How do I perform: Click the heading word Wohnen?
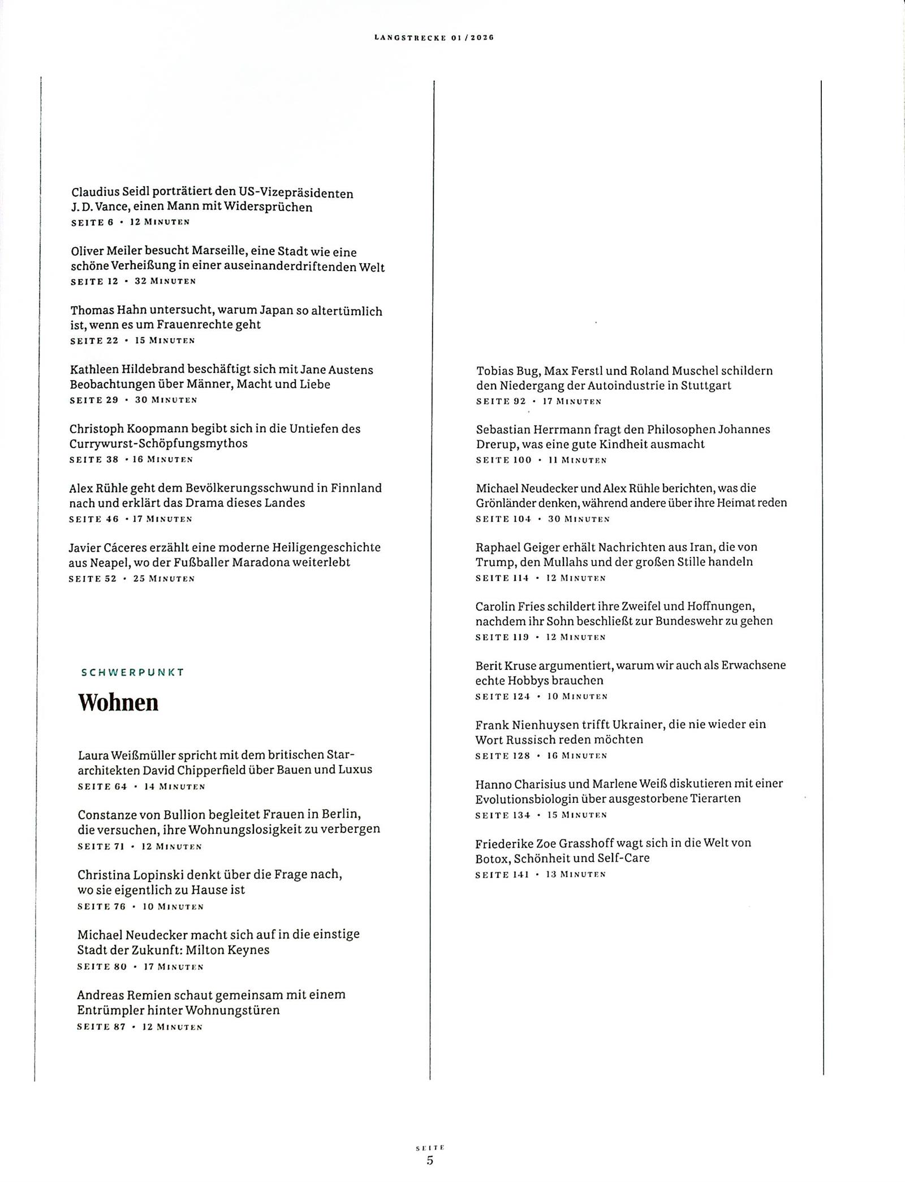(118, 703)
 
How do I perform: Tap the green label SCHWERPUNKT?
(133, 672)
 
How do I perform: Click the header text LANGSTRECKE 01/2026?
(434, 37)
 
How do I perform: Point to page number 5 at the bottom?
(430, 1160)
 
